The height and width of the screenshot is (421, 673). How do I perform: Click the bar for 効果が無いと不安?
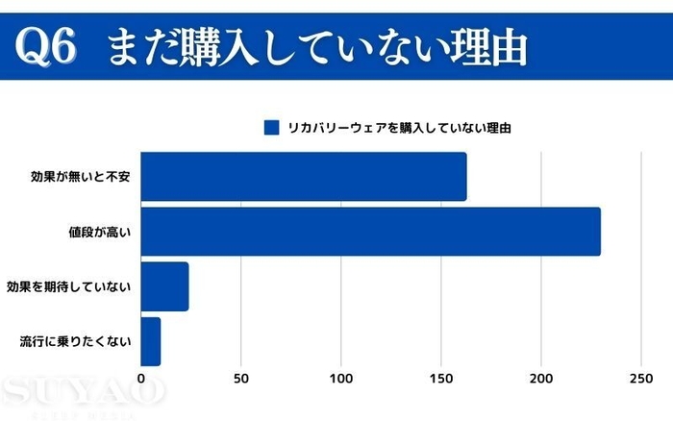[x=304, y=177]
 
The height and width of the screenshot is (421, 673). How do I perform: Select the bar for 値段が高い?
[x=371, y=232]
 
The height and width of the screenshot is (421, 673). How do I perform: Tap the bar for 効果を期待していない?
[x=165, y=286]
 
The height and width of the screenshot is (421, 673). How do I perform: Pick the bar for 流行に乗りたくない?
[x=151, y=341]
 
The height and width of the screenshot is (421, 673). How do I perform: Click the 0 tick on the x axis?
[x=141, y=379]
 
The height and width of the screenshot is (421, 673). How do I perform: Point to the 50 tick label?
[x=241, y=379]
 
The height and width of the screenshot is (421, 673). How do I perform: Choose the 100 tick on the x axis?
[x=341, y=379]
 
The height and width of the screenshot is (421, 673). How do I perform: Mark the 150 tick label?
[x=441, y=379]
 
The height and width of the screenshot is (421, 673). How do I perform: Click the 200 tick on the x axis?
[x=541, y=379]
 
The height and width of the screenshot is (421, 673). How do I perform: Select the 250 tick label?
[x=641, y=379]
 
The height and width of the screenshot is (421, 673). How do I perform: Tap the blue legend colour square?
[x=270, y=127]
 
